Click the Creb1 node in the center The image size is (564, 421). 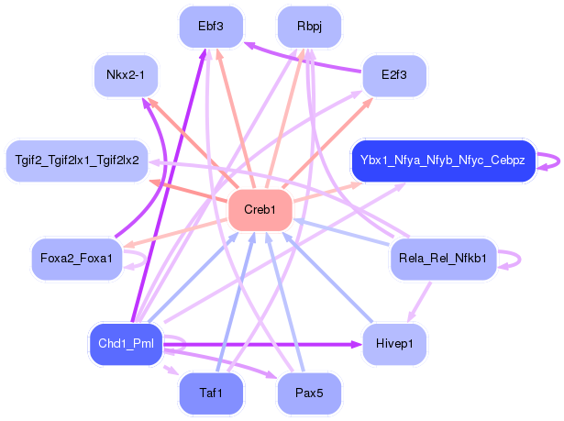[260, 210]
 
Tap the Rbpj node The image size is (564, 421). [308, 27]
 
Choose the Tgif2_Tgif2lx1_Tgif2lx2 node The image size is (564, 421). [77, 161]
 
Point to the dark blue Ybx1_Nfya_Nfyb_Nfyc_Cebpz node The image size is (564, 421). [442, 161]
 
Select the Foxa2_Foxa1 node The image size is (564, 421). [77, 259]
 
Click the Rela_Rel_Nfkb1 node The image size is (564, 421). [442, 259]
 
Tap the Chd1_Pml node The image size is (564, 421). [126, 344]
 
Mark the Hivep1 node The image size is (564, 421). [395, 344]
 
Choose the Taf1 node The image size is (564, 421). [211, 393]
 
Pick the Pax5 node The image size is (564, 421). [308, 393]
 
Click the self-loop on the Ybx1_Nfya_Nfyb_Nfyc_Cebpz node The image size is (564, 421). [551, 161]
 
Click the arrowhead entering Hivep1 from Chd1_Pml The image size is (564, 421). [357, 344]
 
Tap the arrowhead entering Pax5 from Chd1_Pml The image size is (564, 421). [272, 377]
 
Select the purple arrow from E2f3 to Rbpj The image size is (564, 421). [303, 61]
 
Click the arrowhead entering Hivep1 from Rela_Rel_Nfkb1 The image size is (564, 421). [410, 316]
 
